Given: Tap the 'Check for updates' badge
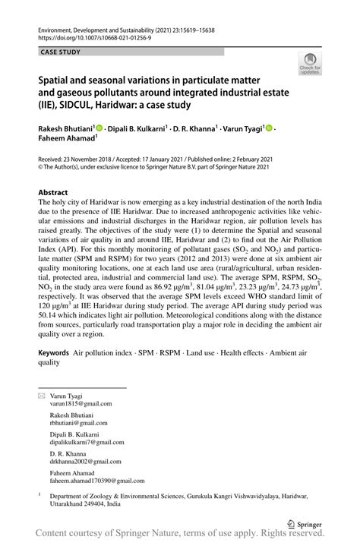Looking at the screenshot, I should click(x=310, y=64).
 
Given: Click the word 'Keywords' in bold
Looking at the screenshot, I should click(x=54, y=354).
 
